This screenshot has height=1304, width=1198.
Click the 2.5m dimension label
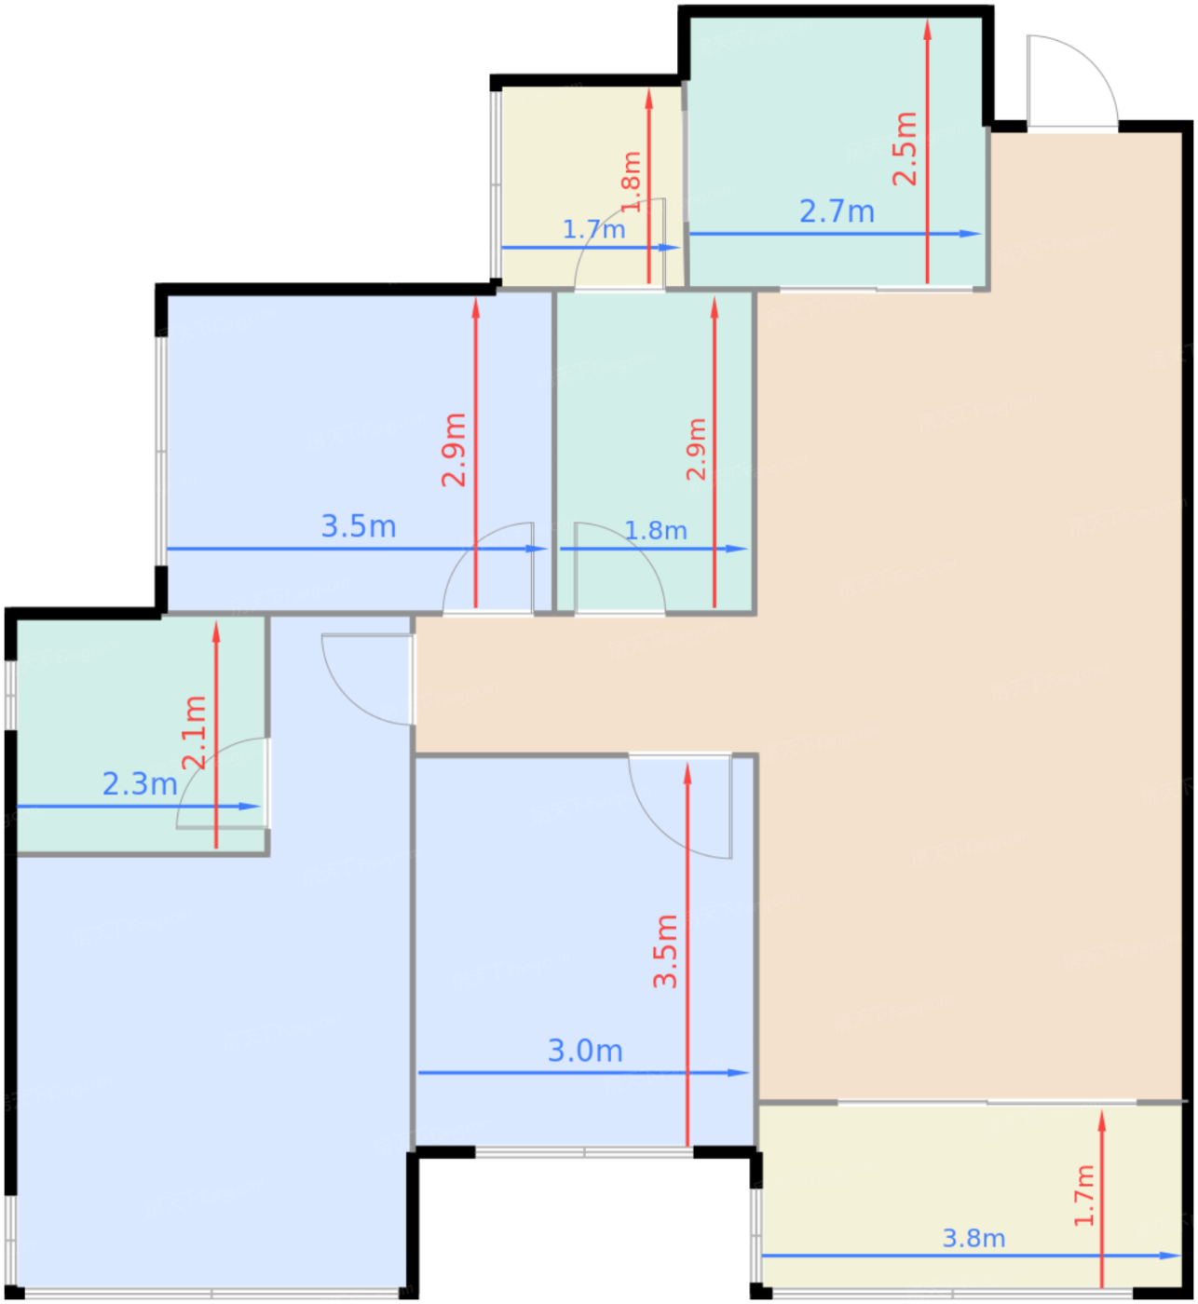click(904, 149)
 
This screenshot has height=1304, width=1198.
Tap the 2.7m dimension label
click(837, 212)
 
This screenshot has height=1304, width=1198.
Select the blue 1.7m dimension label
click(593, 229)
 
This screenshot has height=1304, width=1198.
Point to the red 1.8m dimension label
click(631, 182)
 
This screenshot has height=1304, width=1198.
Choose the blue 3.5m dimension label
click(359, 526)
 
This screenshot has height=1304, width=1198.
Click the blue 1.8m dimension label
click(656, 531)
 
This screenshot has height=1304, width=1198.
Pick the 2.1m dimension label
click(195, 733)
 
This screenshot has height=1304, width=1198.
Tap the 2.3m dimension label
click(140, 784)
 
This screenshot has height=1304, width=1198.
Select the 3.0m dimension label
click(585, 1052)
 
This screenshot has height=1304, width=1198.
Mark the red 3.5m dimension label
click(665, 952)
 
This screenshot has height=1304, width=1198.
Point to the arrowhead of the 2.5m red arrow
click(928, 30)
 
